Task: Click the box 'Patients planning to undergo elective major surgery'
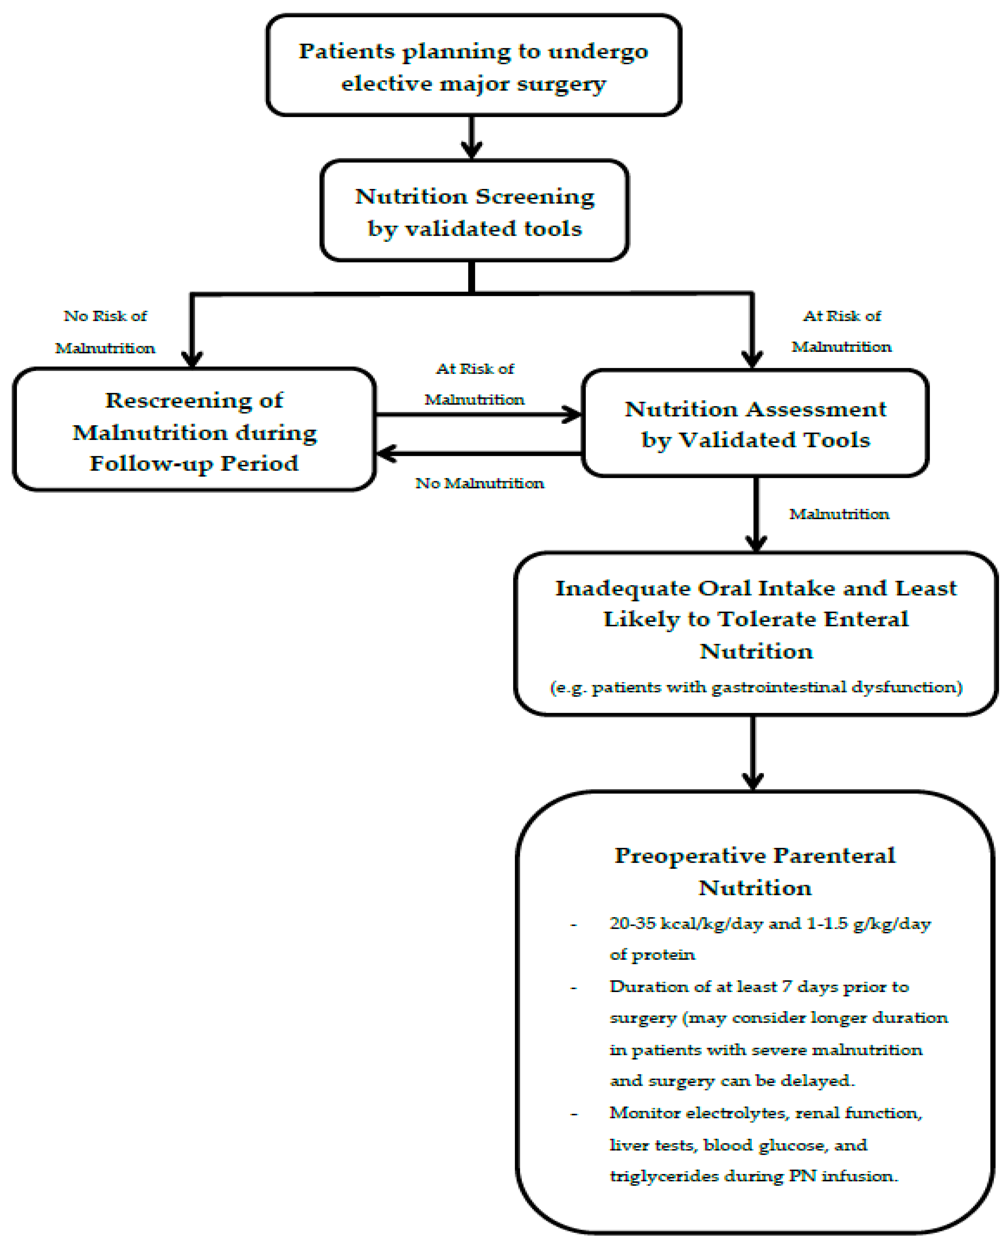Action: click(x=473, y=66)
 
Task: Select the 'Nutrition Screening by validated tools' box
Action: click(x=474, y=212)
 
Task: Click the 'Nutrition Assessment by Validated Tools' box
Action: click(x=755, y=424)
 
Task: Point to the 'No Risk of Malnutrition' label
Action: click(x=105, y=331)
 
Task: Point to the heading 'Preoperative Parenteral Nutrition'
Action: click(x=755, y=871)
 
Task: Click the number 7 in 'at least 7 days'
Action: click(x=787, y=986)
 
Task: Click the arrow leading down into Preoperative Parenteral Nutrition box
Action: click(x=752, y=752)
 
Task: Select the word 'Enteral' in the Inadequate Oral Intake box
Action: click(x=866, y=619)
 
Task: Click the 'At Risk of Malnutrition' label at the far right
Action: click(x=842, y=331)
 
